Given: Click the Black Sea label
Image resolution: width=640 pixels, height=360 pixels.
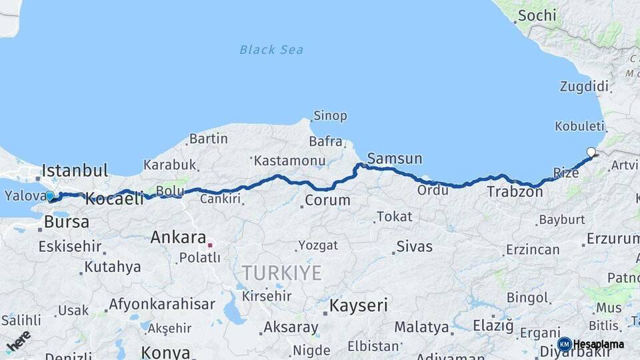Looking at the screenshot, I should (271, 49).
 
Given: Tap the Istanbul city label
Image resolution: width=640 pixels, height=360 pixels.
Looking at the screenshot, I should (75, 171).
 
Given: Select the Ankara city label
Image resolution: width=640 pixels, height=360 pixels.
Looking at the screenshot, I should (178, 237).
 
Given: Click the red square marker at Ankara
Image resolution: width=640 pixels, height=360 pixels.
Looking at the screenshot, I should (210, 245).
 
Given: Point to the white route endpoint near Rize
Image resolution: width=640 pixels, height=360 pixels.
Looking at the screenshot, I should (591, 152).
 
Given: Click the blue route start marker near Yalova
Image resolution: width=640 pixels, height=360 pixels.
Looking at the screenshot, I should (50, 196).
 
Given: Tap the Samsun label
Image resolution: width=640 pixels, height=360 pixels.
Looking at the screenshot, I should (395, 159).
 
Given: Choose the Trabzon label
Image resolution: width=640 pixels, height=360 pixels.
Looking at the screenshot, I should (515, 192).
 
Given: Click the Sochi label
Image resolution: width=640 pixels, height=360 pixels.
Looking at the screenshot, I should (537, 15).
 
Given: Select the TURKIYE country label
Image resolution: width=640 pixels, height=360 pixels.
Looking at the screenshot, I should (281, 272).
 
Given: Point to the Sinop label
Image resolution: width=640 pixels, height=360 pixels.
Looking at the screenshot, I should (330, 116).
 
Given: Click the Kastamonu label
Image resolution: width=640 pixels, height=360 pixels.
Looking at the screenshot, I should (289, 161).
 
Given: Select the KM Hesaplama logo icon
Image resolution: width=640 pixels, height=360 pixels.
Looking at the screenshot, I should (564, 344).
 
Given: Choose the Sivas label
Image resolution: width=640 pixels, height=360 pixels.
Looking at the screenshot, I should (414, 247).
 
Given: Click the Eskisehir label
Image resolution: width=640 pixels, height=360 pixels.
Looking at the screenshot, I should (70, 247).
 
